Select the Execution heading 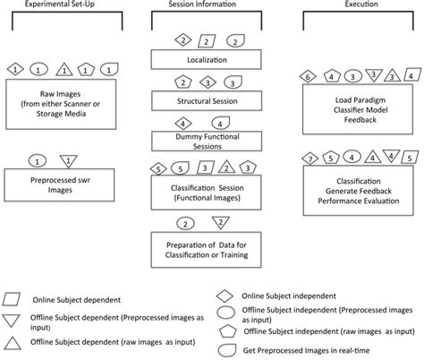click(359, 4)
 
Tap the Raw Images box click(62, 99)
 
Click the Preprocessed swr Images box click(62, 185)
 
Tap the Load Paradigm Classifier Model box click(357, 110)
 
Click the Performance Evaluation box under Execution click(357, 192)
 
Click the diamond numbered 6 click(309, 78)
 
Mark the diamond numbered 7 click(309, 159)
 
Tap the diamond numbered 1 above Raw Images click(14, 68)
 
